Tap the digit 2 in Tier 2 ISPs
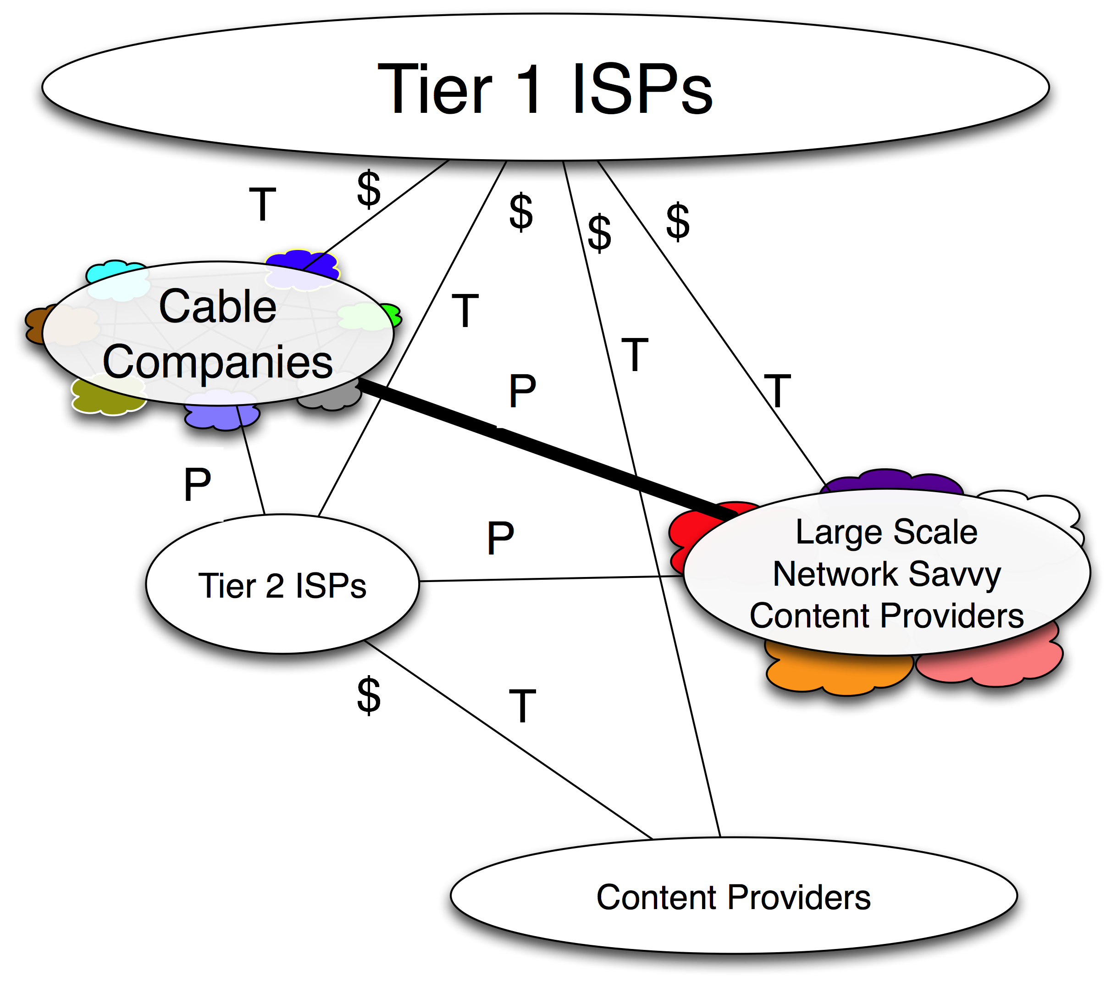[274, 587]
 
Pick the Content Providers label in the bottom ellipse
[733, 897]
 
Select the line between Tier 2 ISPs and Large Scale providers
[544, 579]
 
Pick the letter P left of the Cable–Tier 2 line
[197, 484]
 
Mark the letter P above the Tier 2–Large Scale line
[500, 538]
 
